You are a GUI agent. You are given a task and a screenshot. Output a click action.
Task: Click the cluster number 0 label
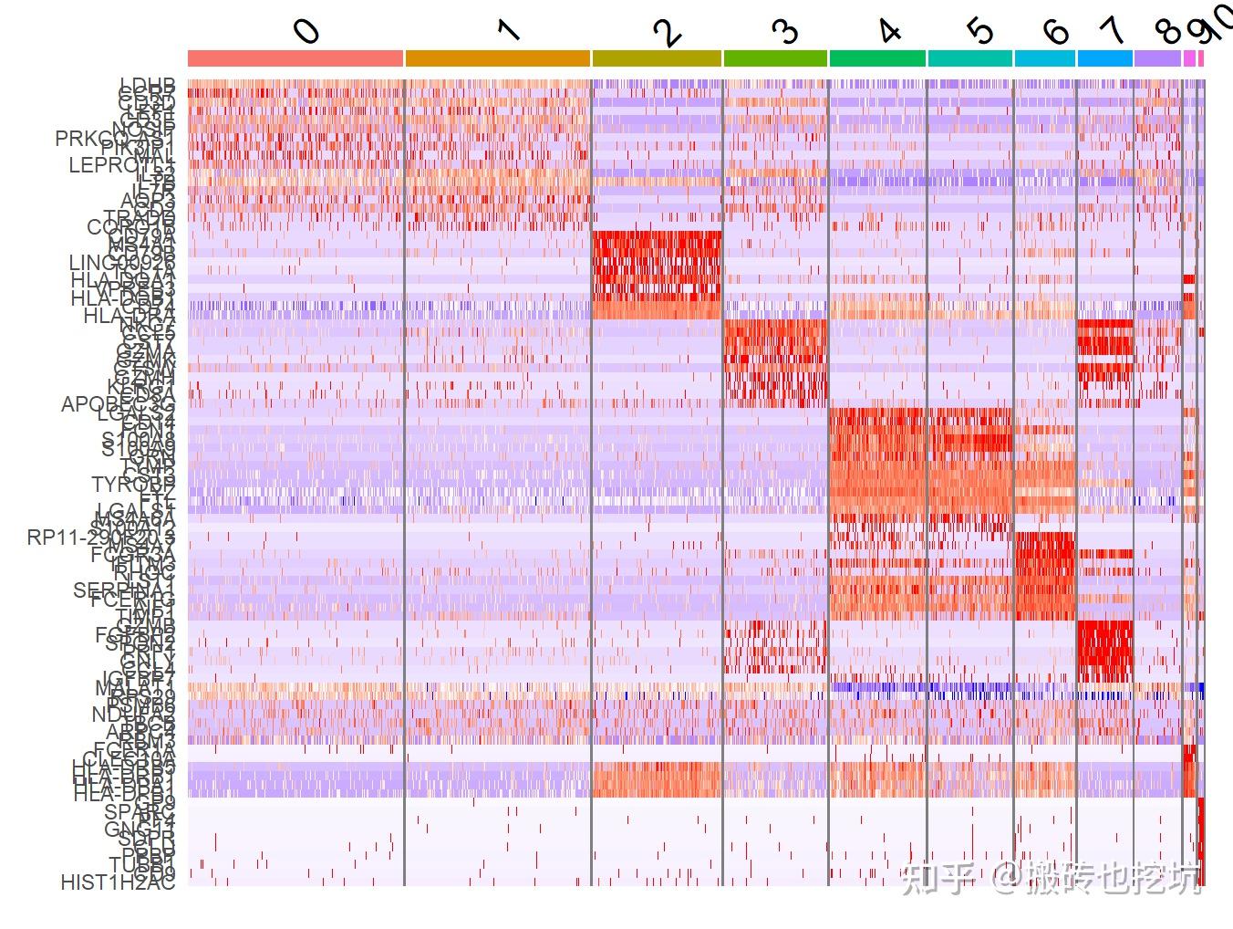click(x=307, y=31)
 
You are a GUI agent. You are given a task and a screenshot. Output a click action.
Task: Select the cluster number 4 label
click(x=889, y=31)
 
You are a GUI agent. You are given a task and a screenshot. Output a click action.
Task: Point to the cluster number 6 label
click(x=1055, y=32)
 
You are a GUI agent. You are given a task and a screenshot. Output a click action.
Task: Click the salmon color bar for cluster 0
click(x=295, y=58)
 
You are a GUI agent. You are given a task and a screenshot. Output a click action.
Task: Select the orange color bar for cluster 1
click(x=497, y=58)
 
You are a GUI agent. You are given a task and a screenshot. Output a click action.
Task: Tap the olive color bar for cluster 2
click(x=657, y=58)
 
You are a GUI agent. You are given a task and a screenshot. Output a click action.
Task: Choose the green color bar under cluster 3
click(x=775, y=58)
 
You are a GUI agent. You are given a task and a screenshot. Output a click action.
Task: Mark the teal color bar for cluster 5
click(x=969, y=58)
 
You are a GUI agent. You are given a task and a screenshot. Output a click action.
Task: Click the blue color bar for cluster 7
click(x=1105, y=58)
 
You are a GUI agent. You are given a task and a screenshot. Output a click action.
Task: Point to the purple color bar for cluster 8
click(x=1157, y=58)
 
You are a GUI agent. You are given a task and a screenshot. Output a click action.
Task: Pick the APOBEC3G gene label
click(x=117, y=403)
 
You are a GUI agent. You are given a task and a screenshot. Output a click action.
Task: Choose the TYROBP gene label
click(x=132, y=483)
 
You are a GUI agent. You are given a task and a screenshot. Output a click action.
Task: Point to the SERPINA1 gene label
click(x=123, y=590)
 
